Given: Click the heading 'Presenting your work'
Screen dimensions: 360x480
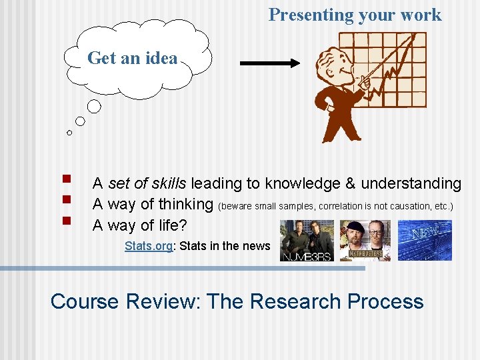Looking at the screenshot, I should pyautogui.click(x=355, y=15).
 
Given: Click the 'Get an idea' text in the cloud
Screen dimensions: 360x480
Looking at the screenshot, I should pyautogui.click(x=132, y=58).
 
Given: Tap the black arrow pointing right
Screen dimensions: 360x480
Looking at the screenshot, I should pyautogui.click(x=270, y=63).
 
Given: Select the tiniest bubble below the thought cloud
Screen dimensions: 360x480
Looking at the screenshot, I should pyautogui.click(x=69, y=133).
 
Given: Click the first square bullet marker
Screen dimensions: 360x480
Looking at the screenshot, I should pyautogui.click(x=65, y=179).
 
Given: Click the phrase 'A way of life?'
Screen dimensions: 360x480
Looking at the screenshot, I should pyautogui.click(x=140, y=226).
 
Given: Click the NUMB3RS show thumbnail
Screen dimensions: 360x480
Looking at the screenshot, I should pyautogui.click(x=306, y=240).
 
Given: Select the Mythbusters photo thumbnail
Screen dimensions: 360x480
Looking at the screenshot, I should pyautogui.click(x=365, y=240).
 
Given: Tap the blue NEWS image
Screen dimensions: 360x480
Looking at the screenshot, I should pyautogui.click(x=425, y=240).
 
